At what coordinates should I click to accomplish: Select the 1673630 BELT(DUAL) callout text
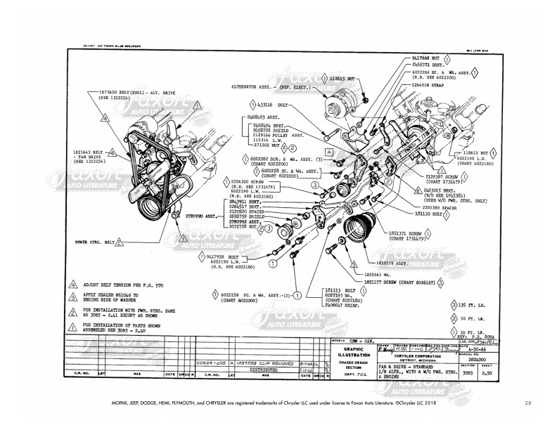130,91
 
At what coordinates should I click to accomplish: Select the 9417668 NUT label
423,56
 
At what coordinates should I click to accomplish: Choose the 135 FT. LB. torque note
466,305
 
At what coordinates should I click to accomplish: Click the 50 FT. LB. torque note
464,318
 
